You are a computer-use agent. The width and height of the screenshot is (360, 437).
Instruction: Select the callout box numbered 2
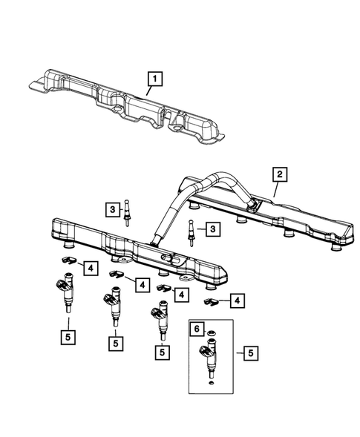(279, 174)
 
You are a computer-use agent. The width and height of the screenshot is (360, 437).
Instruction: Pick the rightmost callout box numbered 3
(212, 231)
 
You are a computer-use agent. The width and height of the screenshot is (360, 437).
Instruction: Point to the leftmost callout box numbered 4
(88, 266)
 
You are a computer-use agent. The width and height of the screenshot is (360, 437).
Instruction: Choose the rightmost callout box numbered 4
(236, 300)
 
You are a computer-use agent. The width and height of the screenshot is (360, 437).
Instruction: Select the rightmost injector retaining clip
(211, 301)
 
